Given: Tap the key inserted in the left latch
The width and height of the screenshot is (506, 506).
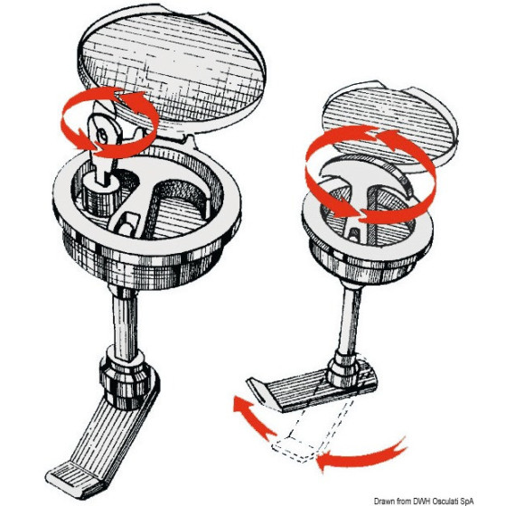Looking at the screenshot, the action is [101, 142].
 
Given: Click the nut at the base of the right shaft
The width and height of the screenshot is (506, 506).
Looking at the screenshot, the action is [344, 368].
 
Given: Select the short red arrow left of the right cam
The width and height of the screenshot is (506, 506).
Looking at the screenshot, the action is [252, 417].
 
